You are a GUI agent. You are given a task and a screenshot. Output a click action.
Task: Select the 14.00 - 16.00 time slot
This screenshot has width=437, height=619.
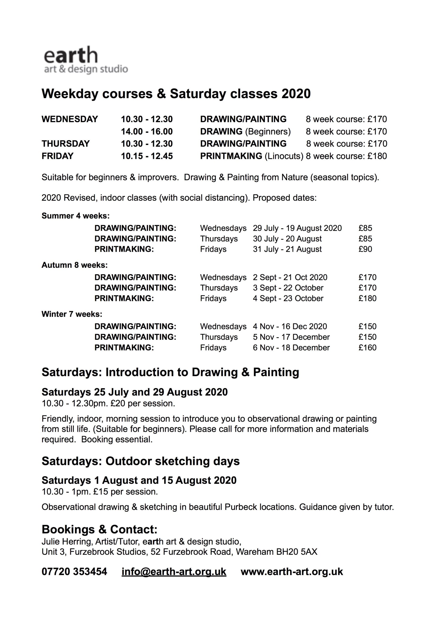[x=147, y=131]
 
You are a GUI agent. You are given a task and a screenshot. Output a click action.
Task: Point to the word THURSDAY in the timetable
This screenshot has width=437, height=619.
[x=65, y=143]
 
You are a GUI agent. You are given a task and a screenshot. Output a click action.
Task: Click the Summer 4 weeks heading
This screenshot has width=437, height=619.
[x=75, y=216]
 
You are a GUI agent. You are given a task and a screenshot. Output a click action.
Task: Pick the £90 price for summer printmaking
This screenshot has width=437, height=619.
[x=365, y=249]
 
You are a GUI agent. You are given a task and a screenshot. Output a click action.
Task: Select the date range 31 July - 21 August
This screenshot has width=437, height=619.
[x=287, y=249]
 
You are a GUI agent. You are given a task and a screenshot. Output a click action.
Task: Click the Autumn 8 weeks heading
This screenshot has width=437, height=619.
[x=75, y=265]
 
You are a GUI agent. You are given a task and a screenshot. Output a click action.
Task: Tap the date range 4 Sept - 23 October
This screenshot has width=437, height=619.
[x=288, y=298]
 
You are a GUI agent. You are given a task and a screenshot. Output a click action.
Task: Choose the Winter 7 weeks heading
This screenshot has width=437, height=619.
[x=72, y=314]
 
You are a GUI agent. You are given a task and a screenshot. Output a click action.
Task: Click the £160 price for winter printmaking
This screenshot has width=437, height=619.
[x=367, y=347]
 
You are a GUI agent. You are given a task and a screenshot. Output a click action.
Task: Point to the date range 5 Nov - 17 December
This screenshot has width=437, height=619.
[x=291, y=337]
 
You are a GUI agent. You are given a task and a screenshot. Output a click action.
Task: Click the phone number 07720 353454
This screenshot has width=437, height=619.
[x=74, y=571]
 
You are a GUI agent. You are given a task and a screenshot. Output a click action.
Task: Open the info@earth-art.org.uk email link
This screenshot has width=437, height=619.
[x=174, y=571]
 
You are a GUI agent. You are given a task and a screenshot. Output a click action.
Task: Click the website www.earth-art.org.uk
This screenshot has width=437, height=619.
[x=292, y=571]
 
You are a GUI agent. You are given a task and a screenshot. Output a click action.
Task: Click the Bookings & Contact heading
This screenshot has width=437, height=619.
[x=99, y=529]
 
